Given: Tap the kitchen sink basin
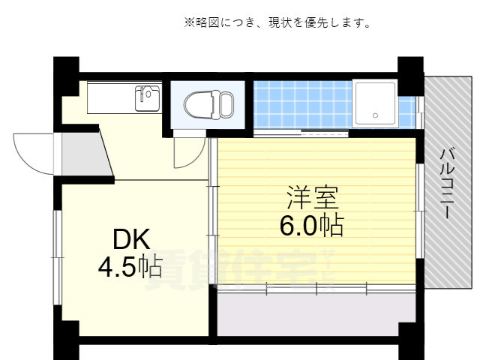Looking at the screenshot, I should point(148,98).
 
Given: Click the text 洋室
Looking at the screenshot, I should point(313,198).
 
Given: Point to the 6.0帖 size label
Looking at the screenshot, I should point(312,225).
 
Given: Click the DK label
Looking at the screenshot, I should point(131,240).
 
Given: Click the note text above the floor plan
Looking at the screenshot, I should point(277,23).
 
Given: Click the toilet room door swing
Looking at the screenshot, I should point(184,151).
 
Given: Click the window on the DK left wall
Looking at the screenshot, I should point(57,255).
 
